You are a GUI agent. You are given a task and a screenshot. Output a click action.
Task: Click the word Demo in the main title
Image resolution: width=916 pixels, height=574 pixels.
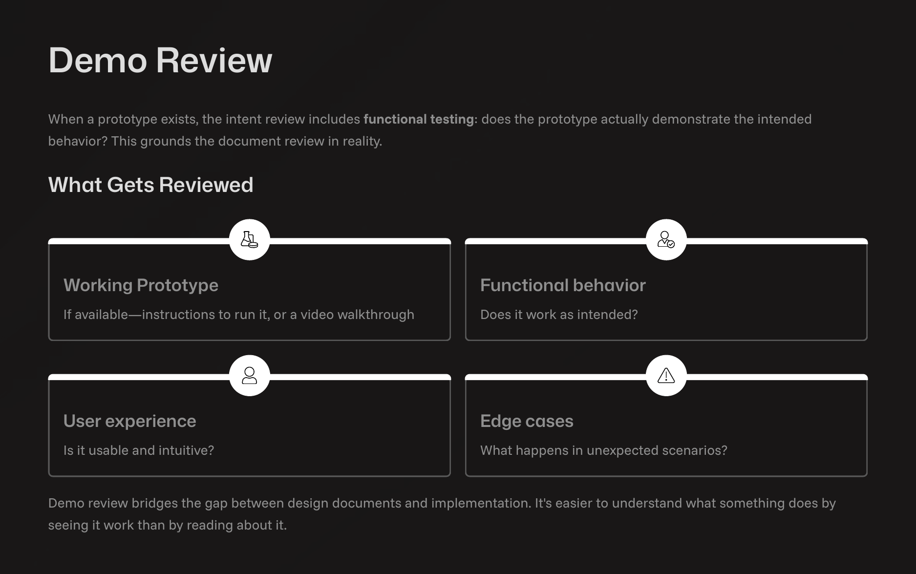(x=97, y=61)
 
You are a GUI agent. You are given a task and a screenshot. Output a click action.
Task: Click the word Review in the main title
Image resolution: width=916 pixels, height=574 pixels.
(x=214, y=61)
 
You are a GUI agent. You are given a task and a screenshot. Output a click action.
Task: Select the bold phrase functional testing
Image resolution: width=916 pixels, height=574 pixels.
(x=418, y=119)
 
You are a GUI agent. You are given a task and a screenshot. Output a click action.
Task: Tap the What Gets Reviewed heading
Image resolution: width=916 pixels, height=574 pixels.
(x=150, y=185)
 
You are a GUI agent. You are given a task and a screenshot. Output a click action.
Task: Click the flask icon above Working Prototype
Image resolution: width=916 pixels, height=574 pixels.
(x=249, y=239)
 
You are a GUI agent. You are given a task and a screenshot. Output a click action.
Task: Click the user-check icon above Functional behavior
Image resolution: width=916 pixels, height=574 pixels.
(x=666, y=239)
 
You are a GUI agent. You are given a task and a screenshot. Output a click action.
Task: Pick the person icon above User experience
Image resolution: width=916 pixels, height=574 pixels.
(x=249, y=375)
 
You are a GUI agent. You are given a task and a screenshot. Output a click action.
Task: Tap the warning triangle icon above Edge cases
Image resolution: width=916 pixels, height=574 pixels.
(x=666, y=375)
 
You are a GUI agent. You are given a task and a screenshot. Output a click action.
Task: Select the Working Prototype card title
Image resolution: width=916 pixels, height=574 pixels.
(x=141, y=285)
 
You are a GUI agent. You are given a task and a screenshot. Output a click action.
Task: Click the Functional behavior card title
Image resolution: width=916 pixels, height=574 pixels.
(x=563, y=285)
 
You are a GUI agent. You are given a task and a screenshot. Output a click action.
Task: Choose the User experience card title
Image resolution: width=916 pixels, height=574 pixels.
(x=129, y=421)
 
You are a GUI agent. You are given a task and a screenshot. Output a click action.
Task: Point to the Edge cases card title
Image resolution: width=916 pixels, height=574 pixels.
(x=527, y=421)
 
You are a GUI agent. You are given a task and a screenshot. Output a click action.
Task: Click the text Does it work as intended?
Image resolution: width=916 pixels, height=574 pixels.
(x=559, y=315)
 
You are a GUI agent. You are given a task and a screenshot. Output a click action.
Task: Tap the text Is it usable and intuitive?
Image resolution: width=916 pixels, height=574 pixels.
(x=139, y=450)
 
